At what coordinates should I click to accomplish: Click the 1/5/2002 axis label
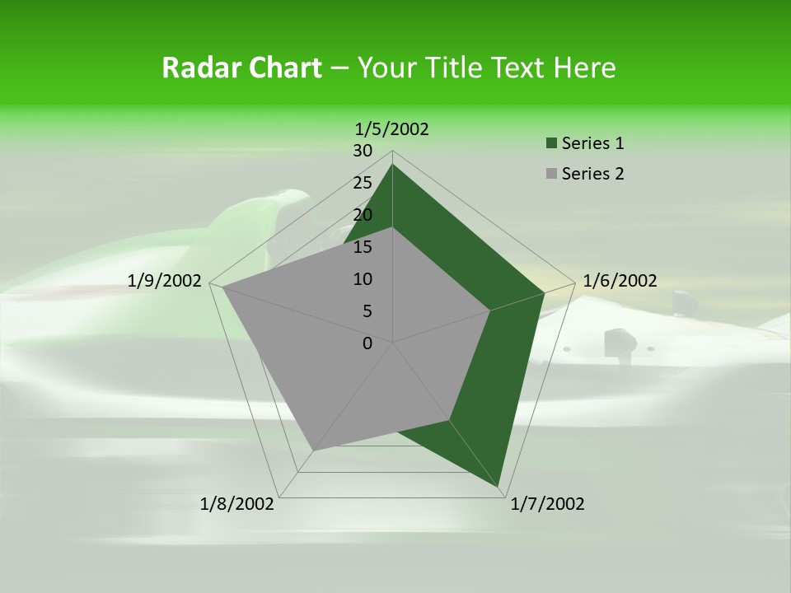point(392,128)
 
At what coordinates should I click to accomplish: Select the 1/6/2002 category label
point(620,281)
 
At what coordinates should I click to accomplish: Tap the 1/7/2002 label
point(547,503)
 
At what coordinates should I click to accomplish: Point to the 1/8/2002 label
point(237,503)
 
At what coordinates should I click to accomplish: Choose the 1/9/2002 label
point(165,281)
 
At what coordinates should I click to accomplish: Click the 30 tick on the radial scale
point(363,151)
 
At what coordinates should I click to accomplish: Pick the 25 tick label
point(363,183)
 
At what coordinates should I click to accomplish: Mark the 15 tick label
point(363,247)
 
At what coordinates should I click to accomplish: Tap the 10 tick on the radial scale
point(363,279)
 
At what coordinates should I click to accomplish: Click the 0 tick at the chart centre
point(367,343)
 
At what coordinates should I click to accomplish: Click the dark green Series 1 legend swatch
point(550,144)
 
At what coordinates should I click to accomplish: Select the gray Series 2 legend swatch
point(550,174)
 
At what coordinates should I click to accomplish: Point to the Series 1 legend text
point(592,143)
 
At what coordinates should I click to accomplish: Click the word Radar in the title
point(199,68)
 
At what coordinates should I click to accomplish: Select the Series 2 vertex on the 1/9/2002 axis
point(222,287)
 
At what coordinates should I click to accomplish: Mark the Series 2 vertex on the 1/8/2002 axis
point(313,451)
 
